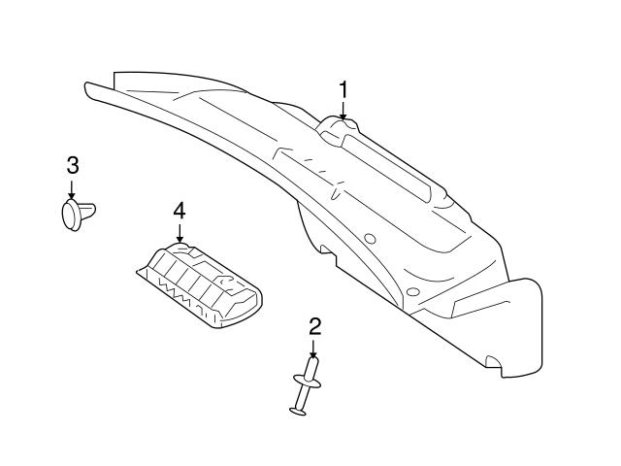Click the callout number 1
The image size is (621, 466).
click(x=343, y=90)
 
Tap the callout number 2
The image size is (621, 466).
click(x=313, y=326)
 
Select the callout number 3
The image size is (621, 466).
click(x=72, y=164)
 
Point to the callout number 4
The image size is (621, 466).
click(x=179, y=210)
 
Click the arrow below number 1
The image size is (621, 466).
click(x=343, y=111)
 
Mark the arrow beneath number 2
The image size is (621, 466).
click(x=313, y=349)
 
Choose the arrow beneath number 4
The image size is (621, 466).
click(x=179, y=232)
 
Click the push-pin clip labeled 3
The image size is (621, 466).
click(x=79, y=213)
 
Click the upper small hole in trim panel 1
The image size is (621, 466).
click(x=370, y=239)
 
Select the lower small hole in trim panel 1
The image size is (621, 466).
click(x=411, y=292)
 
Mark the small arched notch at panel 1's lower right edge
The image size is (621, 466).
click(x=493, y=366)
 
